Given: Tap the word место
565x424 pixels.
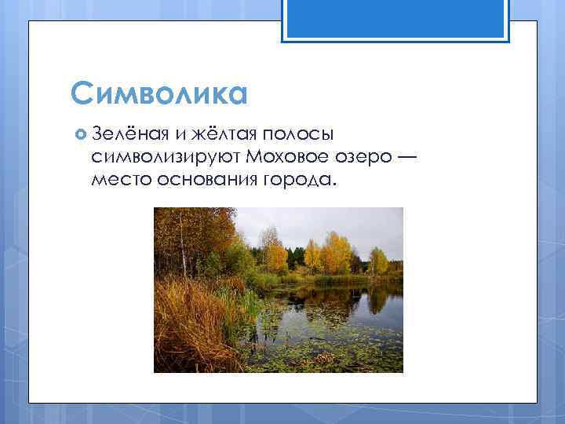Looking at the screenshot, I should point(115,181).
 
